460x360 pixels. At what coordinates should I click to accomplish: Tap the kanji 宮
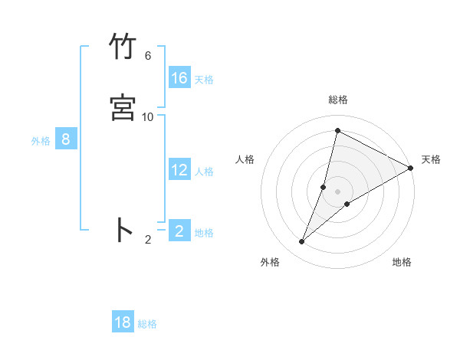[x=123, y=108]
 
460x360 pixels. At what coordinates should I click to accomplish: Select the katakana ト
[x=123, y=230]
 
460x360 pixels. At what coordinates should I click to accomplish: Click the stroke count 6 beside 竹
[x=148, y=56]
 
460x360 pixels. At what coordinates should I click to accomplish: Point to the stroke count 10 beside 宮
[x=148, y=116]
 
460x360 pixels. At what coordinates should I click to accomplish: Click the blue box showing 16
[x=179, y=78]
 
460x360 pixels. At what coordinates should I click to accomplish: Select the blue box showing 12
[x=179, y=170]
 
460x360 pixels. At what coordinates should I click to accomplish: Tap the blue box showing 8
[x=66, y=139]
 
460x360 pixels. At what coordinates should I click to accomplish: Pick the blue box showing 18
[x=123, y=322]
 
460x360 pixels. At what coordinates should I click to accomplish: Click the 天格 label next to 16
[x=204, y=80]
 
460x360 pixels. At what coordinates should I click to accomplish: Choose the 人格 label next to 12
[x=204, y=172]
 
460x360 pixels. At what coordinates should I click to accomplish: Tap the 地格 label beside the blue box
[x=204, y=233]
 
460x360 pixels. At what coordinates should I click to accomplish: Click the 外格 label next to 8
[x=41, y=141]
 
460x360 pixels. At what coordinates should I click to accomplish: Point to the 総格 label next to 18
[x=147, y=324]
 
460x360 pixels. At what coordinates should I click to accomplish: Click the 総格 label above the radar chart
[x=338, y=100]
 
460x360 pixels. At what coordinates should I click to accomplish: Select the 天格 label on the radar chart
[x=431, y=159]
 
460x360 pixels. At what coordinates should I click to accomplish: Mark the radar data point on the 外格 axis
[x=302, y=242]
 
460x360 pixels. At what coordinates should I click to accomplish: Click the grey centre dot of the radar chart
[x=338, y=191]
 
